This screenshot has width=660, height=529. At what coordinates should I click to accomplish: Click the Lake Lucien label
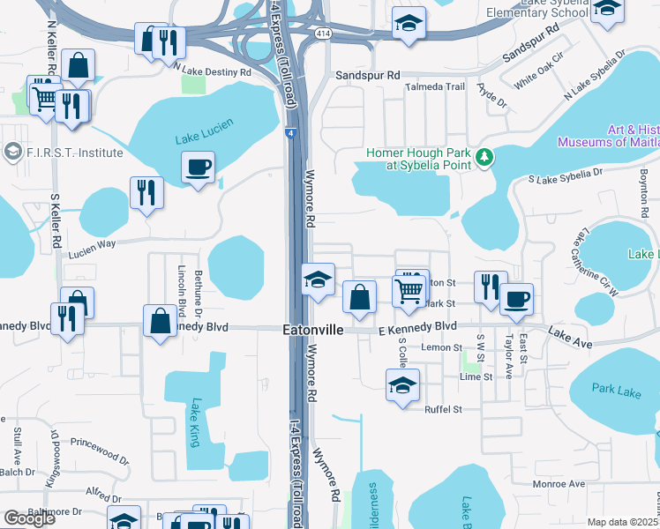(204, 138)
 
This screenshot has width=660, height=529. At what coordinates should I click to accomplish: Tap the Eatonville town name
(311, 330)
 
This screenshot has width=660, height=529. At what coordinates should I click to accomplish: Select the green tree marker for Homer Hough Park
(484, 158)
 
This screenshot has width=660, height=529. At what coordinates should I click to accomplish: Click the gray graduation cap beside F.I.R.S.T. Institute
(12, 153)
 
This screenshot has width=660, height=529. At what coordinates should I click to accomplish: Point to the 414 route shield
(323, 33)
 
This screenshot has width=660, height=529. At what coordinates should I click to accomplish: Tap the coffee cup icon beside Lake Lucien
(198, 167)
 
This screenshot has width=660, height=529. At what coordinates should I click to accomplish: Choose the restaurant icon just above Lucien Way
(146, 192)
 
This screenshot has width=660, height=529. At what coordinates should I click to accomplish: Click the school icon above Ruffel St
(402, 385)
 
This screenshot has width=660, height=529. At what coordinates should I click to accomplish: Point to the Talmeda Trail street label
(434, 86)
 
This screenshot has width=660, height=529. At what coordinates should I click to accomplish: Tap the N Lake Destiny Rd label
(212, 70)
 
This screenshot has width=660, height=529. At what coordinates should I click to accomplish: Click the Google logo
(29, 519)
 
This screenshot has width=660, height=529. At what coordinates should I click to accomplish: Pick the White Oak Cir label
(538, 75)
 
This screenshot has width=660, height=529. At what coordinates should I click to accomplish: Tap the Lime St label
(475, 376)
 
